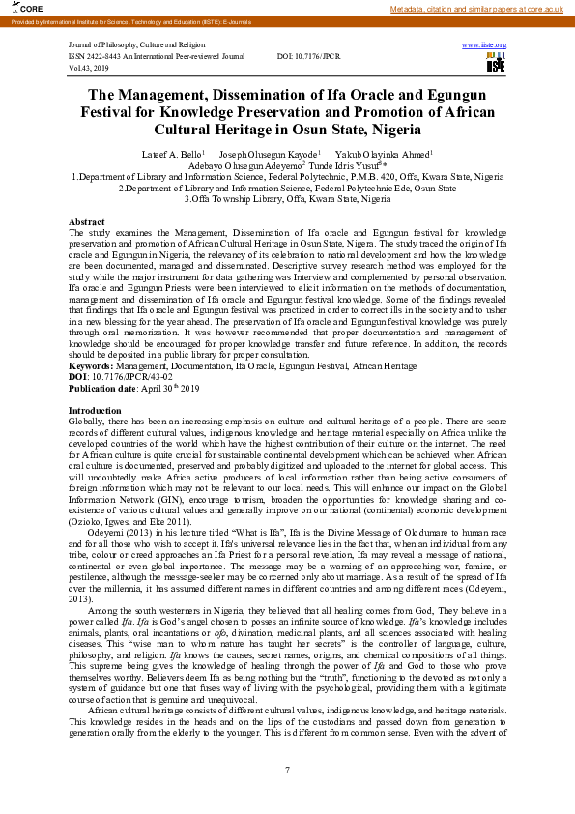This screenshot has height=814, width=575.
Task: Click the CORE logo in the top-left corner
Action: click(x=17, y=8)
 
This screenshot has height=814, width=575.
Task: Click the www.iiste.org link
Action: click(x=484, y=45)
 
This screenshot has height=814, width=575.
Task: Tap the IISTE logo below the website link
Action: click(x=495, y=63)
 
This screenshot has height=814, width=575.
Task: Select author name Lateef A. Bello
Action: click(x=171, y=154)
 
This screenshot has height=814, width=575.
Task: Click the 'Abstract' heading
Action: click(x=87, y=222)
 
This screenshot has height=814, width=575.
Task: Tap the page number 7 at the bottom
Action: click(x=287, y=770)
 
